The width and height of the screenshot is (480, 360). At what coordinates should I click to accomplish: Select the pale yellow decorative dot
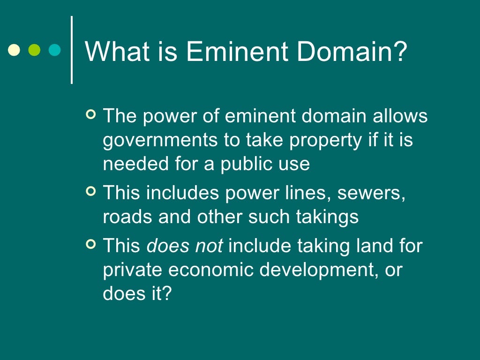click(15, 50)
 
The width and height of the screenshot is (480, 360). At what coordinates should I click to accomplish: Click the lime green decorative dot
click(35, 50)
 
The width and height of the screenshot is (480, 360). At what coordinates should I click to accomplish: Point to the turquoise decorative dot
click(55, 50)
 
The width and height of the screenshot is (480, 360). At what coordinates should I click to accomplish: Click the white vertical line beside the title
click(72, 50)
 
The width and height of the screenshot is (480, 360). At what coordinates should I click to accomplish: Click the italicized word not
click(209, 246)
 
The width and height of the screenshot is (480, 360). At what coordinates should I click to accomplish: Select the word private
click(131, 270)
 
